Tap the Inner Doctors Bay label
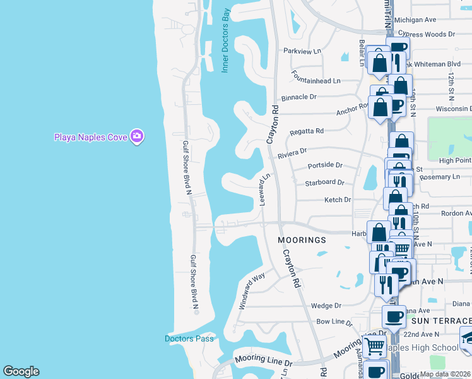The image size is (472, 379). [x=225, y=49]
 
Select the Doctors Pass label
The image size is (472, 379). [x=189, y=339]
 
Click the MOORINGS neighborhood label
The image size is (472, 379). [x=303, y=240]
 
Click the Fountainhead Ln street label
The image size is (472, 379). [x=316, y=81]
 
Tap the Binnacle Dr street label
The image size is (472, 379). [x=298, y=97]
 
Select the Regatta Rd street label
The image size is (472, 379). [x=306, y=131]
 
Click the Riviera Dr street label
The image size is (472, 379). [x=292, y=152]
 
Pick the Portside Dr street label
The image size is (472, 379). [x=324, y=165]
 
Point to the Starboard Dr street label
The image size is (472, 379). [x=324, y=183]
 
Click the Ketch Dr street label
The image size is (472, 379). [x=337, y=200]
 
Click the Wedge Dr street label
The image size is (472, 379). [x=326, y=306]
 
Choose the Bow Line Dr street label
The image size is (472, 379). [x=334, y=322]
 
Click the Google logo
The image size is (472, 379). [x=21, y=371]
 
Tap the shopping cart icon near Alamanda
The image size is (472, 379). [x=374, y=345]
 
